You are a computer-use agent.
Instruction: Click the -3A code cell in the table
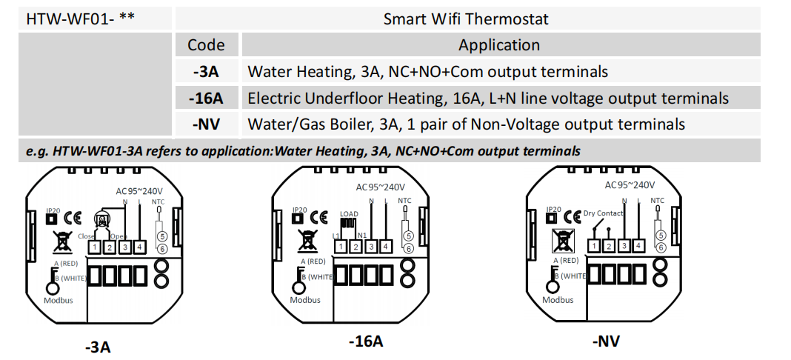[206, 72]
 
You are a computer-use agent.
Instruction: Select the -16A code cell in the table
[206, 98]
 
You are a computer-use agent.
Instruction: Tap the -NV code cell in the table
[206, 124]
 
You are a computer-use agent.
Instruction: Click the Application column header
[498, 45]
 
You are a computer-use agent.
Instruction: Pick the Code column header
[206, 45]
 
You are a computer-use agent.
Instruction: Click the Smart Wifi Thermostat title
[466, 19]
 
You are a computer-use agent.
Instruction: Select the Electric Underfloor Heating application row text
[488, 98]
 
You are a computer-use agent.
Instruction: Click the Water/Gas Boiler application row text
[466, 124]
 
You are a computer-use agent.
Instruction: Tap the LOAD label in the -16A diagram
[349, 214]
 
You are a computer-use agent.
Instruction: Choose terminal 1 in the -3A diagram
[96, 246]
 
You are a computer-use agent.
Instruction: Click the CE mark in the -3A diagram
[72, 219]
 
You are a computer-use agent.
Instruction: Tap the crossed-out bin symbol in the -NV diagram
[565, 240]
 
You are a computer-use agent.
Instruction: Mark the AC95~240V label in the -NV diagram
[630, 185]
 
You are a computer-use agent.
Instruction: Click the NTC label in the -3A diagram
[158, 201]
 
